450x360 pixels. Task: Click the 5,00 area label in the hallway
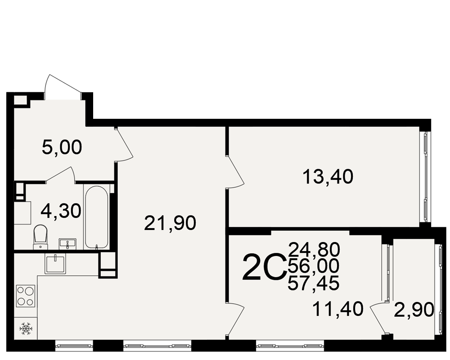pyautogui.click(x=62, y=148)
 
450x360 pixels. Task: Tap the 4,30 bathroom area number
pyautogui.click(x=61, y=211)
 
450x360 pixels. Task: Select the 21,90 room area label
pyautogui.click(x=170, y=223)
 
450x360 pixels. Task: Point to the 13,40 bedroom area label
pyautogui.click(x=328, y=176)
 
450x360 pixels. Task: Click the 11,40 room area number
pyautogui.click(x=338, y=309)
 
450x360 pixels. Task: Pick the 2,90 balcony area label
pyautogui.click(x=414, y=310)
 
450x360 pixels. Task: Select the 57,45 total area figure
pyautogui.click(x=313, y=283)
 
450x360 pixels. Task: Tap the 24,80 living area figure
pyautogui.click(x=314, y=249)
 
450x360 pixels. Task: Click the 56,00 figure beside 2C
pyautogui.click(x=313, y=265)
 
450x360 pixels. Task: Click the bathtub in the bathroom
pyautogui.click(x=96, y=217)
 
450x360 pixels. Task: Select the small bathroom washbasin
pyautogui.click(x=67, y=244)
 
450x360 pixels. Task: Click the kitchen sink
pyautogui.click(x=55, y=263)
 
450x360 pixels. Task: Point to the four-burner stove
pyautogui.click(x=26, y=296)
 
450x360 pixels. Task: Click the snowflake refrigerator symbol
pyautogui.click(x=26, y=328)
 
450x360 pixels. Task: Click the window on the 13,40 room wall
pyautogui.click(x=425, y=176)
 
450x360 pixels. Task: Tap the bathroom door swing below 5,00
pyautogui.click(x=60, y=174)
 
